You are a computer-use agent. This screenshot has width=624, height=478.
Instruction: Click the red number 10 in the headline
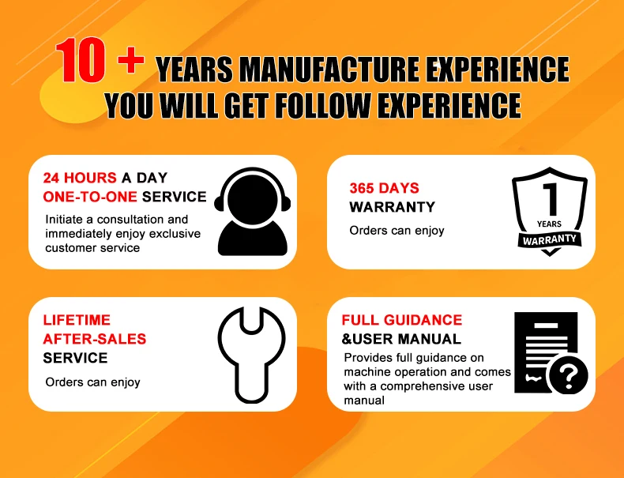81,60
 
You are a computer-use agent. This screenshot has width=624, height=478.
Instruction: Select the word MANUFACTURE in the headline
329,70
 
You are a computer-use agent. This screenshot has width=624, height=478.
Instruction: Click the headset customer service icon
252,211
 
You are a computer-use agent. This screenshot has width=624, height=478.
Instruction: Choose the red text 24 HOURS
80,178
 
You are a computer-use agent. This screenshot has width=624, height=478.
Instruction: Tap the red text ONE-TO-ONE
90,197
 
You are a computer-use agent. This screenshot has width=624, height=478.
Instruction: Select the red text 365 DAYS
384,188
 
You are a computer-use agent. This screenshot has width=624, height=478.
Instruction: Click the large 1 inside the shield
551,199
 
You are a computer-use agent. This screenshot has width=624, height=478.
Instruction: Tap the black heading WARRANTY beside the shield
392,207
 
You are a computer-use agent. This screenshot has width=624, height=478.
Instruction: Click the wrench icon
251,354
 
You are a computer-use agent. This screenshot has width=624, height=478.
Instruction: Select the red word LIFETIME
77,320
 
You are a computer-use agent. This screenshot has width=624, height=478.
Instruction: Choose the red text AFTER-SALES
94,339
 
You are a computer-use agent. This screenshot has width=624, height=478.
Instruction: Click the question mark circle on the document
569,375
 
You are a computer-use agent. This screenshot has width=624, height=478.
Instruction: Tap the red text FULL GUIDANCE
402,320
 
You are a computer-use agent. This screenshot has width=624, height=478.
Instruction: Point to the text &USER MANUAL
401,339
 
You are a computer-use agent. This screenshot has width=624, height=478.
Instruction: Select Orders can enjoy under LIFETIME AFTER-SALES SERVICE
92,382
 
